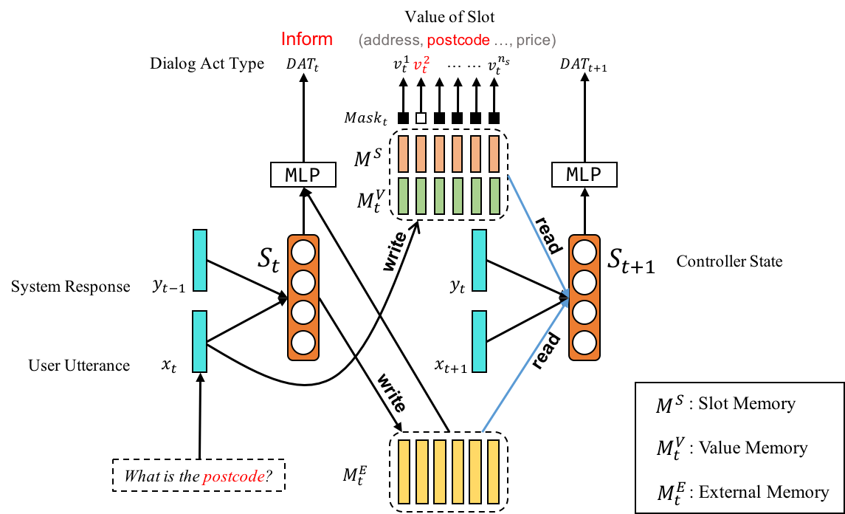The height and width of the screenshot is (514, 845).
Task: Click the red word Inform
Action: [306, 39]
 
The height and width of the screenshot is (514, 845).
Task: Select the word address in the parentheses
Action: [391, 41]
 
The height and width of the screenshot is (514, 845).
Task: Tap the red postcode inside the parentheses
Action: [458, 41]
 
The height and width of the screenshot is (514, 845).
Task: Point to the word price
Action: [533, 41]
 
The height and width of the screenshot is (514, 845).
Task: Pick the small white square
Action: [421, 118]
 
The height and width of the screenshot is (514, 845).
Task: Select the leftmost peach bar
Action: [403, 154]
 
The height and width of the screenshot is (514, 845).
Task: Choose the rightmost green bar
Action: [494, 196]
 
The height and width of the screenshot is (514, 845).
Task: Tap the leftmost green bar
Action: [403, 196]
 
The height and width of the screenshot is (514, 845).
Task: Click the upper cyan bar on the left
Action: [200, 260]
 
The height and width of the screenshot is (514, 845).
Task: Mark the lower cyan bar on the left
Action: [199, 341]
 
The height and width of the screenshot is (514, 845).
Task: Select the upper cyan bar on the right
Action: [479, 260]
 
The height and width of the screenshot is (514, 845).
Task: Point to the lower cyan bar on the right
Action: [479, 341]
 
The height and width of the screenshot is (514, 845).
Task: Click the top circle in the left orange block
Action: [303, 253]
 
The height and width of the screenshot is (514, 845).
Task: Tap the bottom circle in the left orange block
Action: [303, 343]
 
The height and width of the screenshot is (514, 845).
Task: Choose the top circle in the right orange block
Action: [584, 253]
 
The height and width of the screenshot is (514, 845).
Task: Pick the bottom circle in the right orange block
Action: [584, 343]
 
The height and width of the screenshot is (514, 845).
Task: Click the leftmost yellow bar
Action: [404, 472]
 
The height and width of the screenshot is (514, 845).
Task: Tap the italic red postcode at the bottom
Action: [234, 477]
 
